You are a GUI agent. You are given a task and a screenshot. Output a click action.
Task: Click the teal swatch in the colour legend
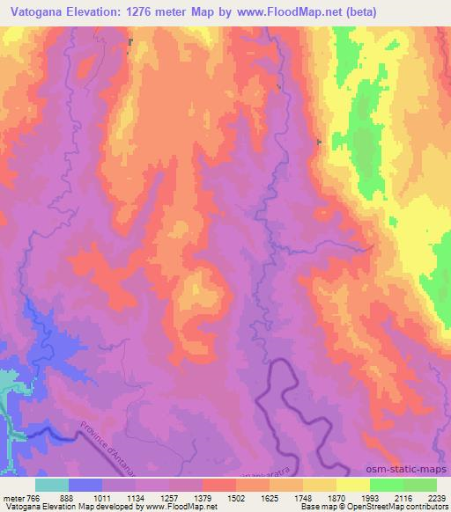52,484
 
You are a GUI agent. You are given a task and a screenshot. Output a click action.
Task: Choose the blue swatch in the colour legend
85,484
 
